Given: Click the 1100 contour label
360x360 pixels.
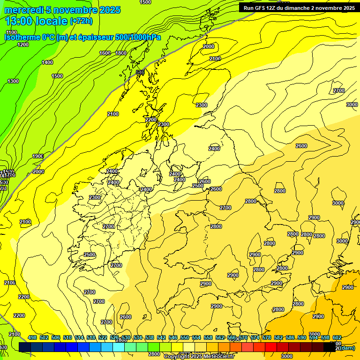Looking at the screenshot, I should pos(10,32).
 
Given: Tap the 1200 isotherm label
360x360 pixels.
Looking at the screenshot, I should pos(22,45).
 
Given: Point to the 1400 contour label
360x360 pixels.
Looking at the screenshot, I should pos(47,62).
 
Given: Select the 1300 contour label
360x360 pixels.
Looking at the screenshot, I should pos(13,81).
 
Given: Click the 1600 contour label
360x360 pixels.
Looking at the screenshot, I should pos(105,53).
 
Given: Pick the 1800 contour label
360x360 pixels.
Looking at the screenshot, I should pos(121,53).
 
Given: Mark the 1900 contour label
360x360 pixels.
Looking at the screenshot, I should pos(38,156).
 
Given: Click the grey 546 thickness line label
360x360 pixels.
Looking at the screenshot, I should pos(140,72).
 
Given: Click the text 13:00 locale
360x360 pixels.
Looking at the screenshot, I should pos(36,21).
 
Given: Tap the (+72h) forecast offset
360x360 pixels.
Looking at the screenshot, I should pos(81,21).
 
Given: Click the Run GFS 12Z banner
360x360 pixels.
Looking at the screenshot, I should pos(298,7).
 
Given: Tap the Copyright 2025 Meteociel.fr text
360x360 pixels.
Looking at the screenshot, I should pos(199,357).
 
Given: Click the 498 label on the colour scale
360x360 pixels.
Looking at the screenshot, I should pos(32,337).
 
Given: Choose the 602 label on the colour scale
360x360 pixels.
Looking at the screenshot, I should pos(337,337).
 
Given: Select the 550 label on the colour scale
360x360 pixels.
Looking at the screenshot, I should pos(185,337).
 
